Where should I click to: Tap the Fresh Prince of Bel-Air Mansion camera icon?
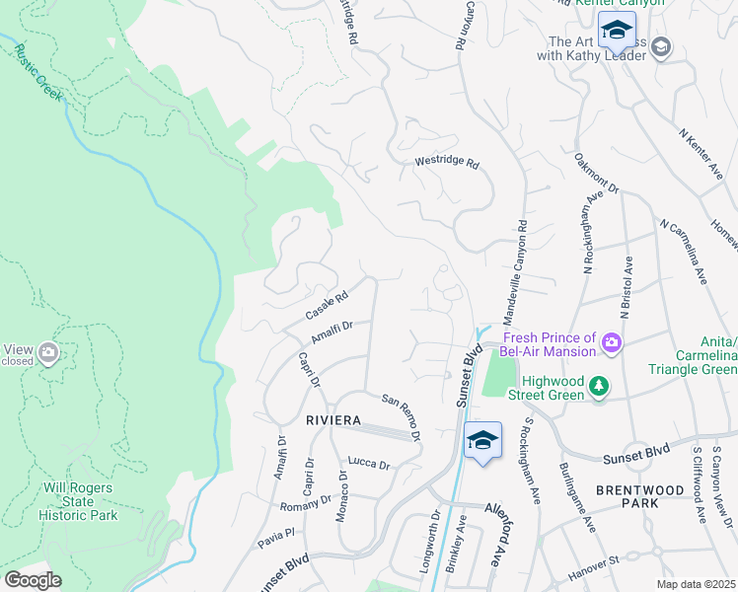point(612,342)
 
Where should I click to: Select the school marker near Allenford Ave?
point(481,441)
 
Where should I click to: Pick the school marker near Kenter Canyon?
point(617,31)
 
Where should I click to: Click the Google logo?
point(33,579)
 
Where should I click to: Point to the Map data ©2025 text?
point(697,584)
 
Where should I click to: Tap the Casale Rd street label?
point(327,305)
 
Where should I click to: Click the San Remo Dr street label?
point(402,417)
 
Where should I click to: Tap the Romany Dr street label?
point(304,504)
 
